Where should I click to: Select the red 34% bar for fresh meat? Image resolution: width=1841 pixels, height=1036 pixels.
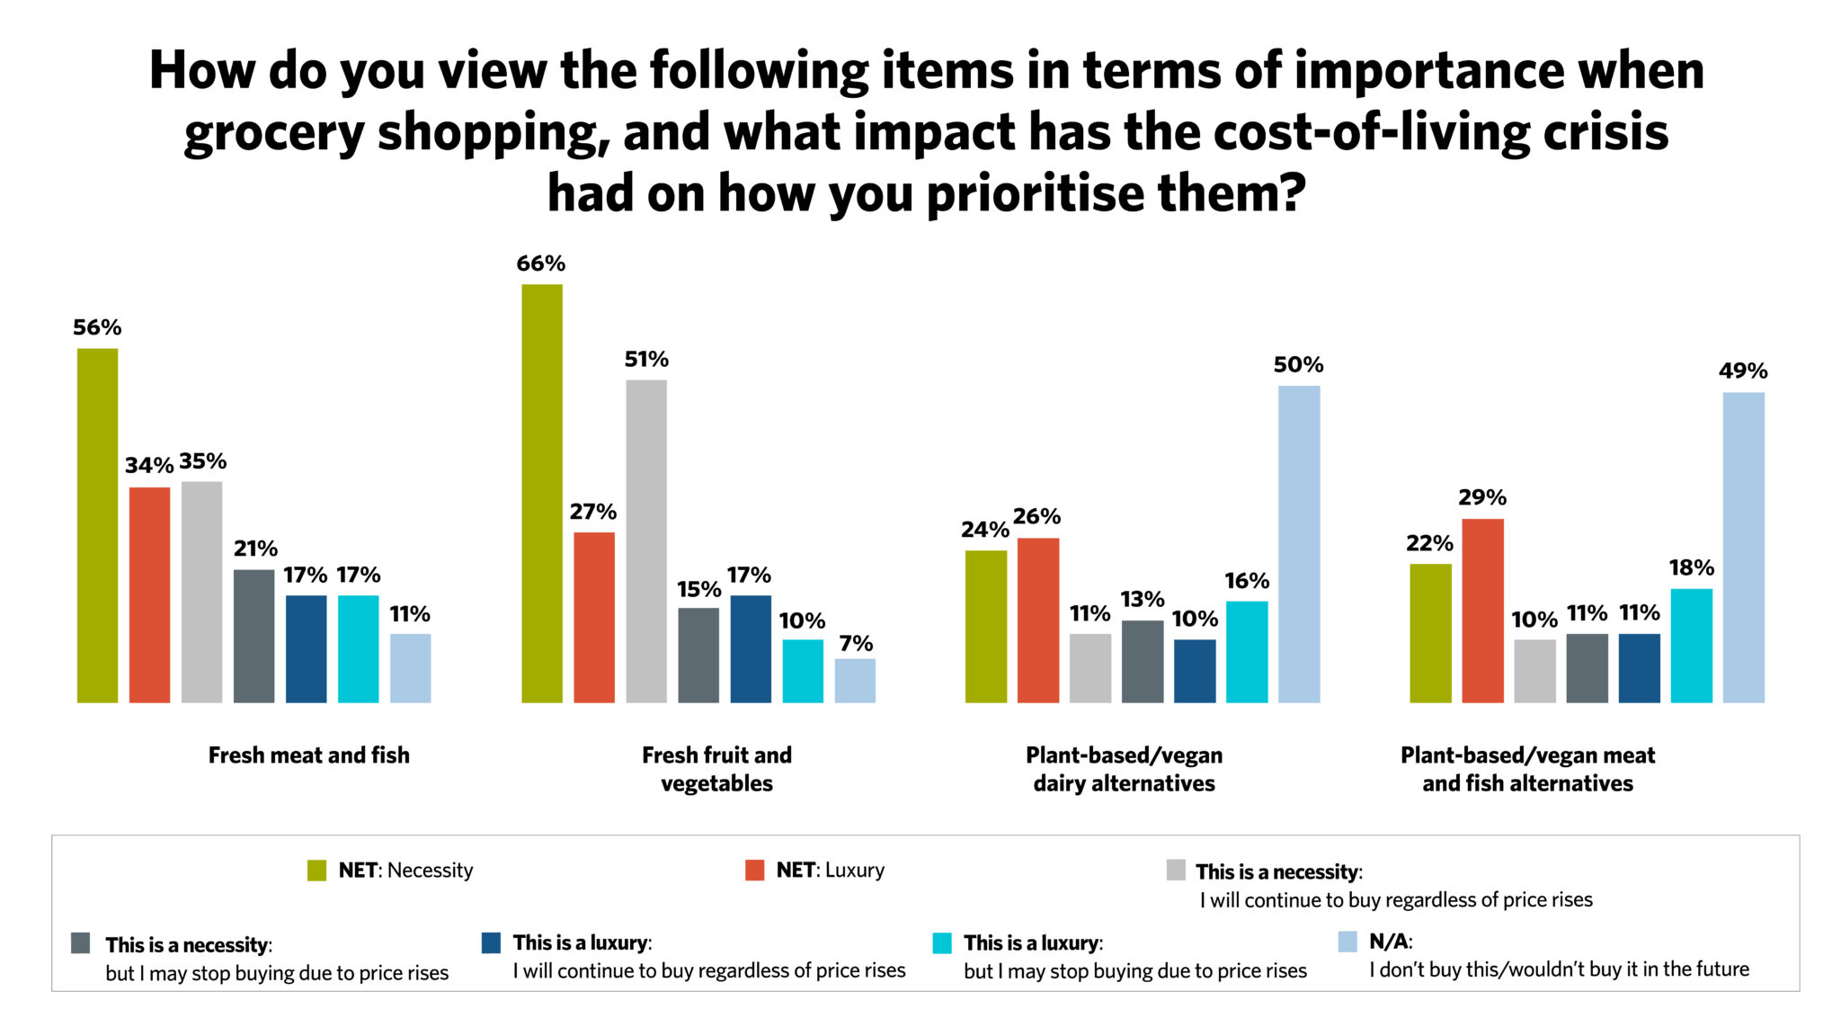[149, 594]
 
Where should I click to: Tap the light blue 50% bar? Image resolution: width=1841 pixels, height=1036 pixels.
[1299, 544]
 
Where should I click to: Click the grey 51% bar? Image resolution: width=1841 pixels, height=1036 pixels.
[646, 540]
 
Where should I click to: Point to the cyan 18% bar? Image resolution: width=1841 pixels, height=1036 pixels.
[1691, 645]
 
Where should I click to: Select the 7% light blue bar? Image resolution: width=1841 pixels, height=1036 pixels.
[855, 680]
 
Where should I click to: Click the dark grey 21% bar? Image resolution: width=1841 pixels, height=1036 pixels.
[253, 635]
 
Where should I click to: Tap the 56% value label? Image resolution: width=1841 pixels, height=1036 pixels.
[97, 327]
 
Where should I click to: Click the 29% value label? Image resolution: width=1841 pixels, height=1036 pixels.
[1482, 497]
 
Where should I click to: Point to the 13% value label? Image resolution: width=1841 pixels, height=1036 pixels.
[1142, 599]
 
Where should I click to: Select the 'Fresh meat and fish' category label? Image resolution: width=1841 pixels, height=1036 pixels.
[308, 755]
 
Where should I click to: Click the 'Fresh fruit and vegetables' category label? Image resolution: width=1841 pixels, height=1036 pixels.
[716, 769]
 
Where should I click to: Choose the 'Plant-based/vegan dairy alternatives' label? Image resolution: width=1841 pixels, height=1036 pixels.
[1124, 769]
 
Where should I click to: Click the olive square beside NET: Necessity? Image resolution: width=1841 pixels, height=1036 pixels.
[316, 871]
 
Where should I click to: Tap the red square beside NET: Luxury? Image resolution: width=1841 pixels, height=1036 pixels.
[754, 871]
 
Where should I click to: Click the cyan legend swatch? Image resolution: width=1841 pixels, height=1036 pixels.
[941, 943]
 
